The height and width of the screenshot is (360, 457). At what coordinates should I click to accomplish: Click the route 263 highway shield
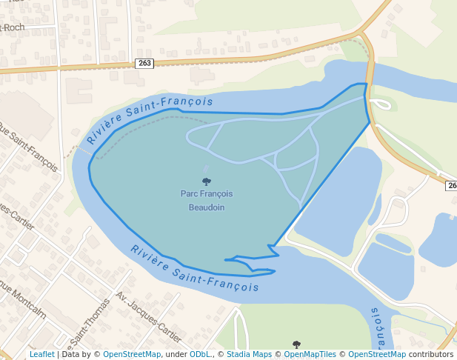[145, 63]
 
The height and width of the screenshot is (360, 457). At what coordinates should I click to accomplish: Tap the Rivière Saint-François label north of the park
[149, 119]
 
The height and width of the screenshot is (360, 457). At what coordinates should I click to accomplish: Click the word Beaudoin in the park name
[206, 207]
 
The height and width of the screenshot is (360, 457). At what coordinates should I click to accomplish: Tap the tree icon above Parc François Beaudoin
[206, 181]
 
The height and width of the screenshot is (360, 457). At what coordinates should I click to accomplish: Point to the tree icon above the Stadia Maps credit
[296, 344]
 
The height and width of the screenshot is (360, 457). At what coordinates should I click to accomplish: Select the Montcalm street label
[25, 301]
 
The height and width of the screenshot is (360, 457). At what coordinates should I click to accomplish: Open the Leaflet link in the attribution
[42, 354]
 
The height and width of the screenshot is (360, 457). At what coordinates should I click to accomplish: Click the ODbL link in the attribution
[201, 354]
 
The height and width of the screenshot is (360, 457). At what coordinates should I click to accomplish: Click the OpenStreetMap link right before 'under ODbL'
[132, 354]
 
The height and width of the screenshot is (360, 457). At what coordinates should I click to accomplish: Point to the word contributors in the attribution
[430, 354]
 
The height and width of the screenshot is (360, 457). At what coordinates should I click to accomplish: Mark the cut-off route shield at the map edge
[451, 185]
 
